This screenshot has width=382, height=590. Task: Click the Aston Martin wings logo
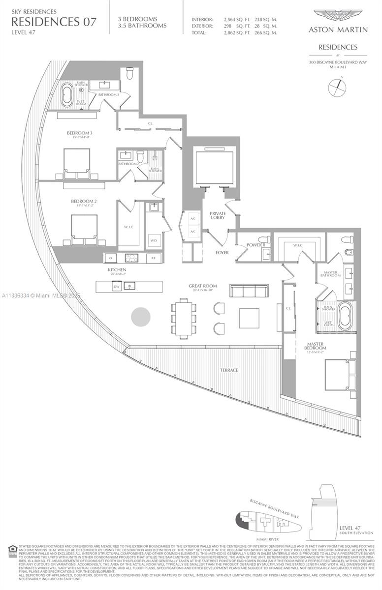coord(338,16)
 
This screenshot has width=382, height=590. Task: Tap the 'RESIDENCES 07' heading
coord(54,21)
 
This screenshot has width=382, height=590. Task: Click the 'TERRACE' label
coord(229,370)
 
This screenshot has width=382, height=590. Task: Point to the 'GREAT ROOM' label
coord(202,286)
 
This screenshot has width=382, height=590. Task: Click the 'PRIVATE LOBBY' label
coord(217,215)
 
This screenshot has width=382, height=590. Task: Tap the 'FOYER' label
coord(222,253)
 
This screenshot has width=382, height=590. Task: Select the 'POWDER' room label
coord(256,245)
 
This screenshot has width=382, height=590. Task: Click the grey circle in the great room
coord(140,317)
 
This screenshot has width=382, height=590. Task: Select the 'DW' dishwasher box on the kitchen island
coord(117,286)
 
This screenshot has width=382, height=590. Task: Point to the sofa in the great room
coord(249,291)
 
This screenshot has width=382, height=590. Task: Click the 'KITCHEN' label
coord(117,270)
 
